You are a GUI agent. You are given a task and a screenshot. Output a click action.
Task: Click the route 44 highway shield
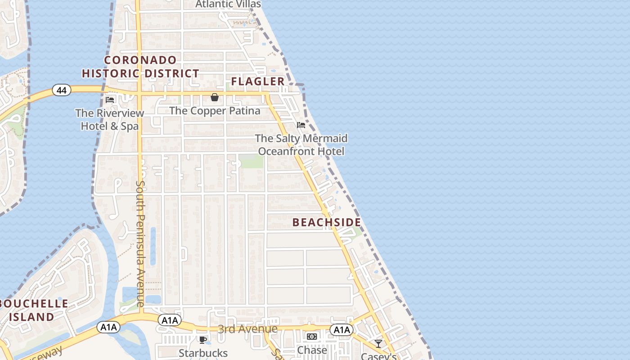point(62,90)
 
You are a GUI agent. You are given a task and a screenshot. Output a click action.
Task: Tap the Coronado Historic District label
point(140,67)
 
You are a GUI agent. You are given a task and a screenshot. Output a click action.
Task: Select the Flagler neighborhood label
point(258,81)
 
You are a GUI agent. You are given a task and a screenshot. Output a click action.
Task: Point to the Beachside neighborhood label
point(327,222)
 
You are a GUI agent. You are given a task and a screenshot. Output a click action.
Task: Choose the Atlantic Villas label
point(228,4)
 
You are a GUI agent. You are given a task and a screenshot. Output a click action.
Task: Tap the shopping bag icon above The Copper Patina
point(215,97)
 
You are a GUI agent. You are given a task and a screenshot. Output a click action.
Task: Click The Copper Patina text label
point(215,110)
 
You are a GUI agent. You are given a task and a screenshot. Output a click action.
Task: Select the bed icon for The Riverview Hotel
point(110,99)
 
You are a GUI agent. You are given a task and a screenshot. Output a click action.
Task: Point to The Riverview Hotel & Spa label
point(110,120)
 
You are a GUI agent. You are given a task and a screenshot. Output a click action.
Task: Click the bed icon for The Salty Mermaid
point(301,125)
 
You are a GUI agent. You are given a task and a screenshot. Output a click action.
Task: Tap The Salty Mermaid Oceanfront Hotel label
point(301,144)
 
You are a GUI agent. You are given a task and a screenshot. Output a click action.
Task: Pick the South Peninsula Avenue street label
point(140,243)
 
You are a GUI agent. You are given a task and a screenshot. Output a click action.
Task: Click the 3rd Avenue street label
point(247,329)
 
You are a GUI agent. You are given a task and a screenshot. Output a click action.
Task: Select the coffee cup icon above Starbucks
point(203,339)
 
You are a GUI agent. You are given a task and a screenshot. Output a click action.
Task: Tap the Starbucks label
point(203,353)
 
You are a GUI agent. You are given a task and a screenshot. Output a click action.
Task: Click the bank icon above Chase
point(312,337)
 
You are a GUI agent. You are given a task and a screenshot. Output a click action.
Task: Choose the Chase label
point(312,350)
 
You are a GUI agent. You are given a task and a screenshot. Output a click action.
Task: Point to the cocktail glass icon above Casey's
point(378,344)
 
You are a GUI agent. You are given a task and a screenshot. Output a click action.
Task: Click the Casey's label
point(378,356)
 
